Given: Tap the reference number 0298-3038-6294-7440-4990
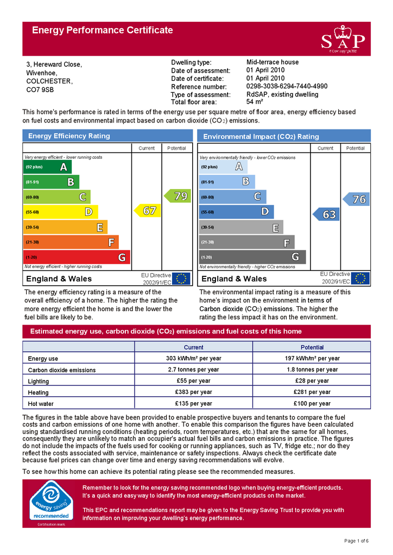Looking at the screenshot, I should pos(287,86).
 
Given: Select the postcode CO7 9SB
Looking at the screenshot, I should pos(41,89).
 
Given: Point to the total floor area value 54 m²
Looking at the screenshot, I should pos(255,102).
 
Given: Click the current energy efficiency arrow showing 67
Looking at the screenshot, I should pos(146,210).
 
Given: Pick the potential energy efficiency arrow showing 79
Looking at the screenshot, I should pos(177,196).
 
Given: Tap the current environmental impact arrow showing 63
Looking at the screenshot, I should pos(326,215).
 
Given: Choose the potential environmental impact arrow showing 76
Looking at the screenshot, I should pos(356,199).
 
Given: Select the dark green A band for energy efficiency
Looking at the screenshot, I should pos(48,167).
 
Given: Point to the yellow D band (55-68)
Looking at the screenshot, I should pos(61,212).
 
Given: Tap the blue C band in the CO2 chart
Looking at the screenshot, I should pos(233,197).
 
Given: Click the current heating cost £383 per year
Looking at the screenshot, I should pos(193,392).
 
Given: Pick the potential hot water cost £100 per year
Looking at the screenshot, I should pos(312,403).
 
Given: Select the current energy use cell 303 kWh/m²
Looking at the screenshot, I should pos(193,358).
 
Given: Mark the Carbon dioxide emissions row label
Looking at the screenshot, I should pos(62,370).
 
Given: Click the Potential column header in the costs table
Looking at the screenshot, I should pos(312,347).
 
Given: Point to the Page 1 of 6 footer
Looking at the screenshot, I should pos(357,541).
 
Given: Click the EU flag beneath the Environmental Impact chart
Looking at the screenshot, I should pos(360,279).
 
